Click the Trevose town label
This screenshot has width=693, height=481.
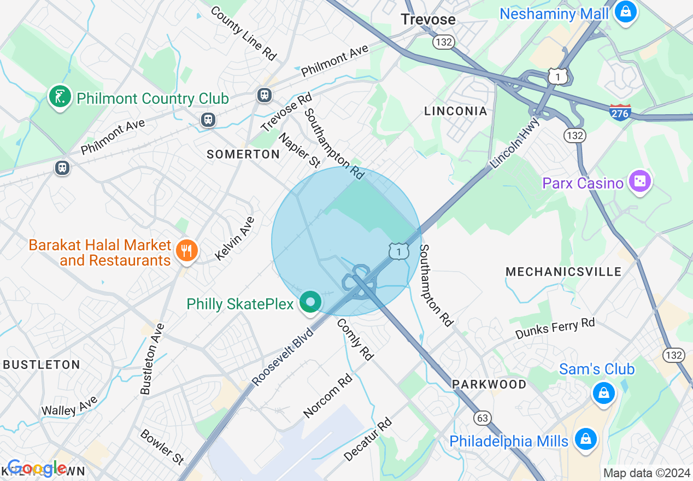click(x=428, y=20)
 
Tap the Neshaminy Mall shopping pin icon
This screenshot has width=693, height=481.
click(x=625, y=11)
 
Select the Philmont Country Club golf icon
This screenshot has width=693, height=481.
click(x=60, y=97)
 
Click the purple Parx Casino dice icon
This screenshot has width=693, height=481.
click(x=639, y=181)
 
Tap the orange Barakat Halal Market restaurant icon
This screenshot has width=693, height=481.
click(x=187, y=250)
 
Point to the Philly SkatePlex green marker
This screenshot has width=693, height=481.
click(x=310, y=302)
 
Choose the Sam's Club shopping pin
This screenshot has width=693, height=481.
click(x=603, y=392)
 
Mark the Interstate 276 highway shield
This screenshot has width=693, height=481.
click(x=620, y=112)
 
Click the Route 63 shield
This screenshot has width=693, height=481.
click(x=483, y=418)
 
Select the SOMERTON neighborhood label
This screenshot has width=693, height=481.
click(x=243, y=155)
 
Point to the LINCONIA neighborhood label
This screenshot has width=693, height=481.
click(x=455, y=111)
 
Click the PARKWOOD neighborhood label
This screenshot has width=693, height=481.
click(x=489, y=384)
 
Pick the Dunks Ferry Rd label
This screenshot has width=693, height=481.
click(x=555, y=329)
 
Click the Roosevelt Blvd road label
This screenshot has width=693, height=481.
click(x=284, y=356)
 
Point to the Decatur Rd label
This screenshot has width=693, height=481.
click(x=368, y=439)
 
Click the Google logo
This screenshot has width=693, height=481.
click(x=37, y=468)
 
